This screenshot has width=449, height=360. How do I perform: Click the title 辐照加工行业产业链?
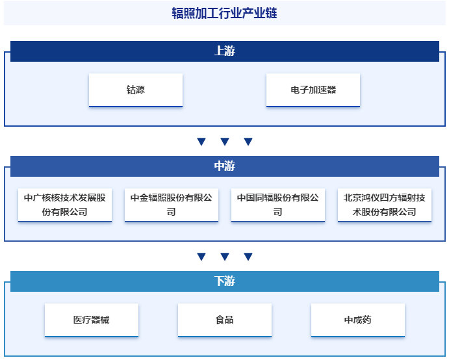click(224, 13)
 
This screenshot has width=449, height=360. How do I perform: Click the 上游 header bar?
click(224, 51)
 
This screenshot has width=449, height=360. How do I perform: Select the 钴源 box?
click(136, 90)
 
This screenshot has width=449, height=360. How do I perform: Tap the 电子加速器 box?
click(313, 90)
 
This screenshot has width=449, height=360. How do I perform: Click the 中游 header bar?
click(224, 166)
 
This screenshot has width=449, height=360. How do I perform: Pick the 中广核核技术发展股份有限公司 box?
click(65, 205)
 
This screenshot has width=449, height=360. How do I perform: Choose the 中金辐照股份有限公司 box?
click(172, 205)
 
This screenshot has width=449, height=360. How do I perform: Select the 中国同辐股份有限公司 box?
click(278, 205)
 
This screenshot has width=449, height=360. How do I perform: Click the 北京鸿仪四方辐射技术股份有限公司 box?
click(385, 205)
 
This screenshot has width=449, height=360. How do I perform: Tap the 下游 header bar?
click(224, 281)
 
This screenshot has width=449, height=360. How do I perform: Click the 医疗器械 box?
click(92, 320)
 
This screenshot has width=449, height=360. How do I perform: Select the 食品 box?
click(225, 320)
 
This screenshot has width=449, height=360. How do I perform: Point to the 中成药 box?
click(358, 320)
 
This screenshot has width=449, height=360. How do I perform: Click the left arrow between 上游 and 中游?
click(201, 142)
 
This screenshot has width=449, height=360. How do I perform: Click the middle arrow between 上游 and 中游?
click(225, 142)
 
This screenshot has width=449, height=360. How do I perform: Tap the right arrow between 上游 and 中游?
click(248, 142)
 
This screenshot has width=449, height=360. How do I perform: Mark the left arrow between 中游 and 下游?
click(201, 257)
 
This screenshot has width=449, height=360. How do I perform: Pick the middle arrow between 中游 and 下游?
click(225, 257)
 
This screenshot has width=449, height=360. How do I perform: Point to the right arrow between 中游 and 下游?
click(248, 257)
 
